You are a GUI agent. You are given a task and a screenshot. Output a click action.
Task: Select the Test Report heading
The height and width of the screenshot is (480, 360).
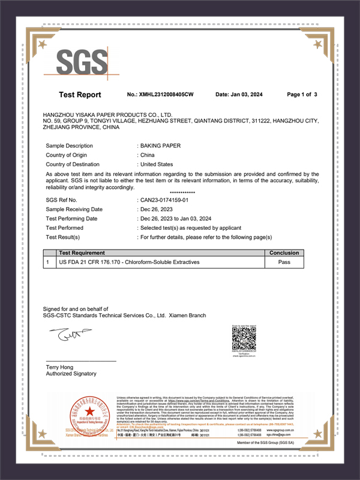(80, 95)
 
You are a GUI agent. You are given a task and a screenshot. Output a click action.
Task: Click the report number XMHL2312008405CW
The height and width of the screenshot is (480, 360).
(161, 95)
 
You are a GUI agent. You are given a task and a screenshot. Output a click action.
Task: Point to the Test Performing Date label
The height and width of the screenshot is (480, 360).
(71, 218)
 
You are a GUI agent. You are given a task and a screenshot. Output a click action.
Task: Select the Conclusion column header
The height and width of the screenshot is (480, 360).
(284, 253)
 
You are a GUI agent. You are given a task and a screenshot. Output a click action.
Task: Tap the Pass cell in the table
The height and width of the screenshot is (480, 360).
(284, 262)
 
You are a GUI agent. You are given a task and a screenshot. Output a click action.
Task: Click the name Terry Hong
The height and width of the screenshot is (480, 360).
(60, 366)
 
